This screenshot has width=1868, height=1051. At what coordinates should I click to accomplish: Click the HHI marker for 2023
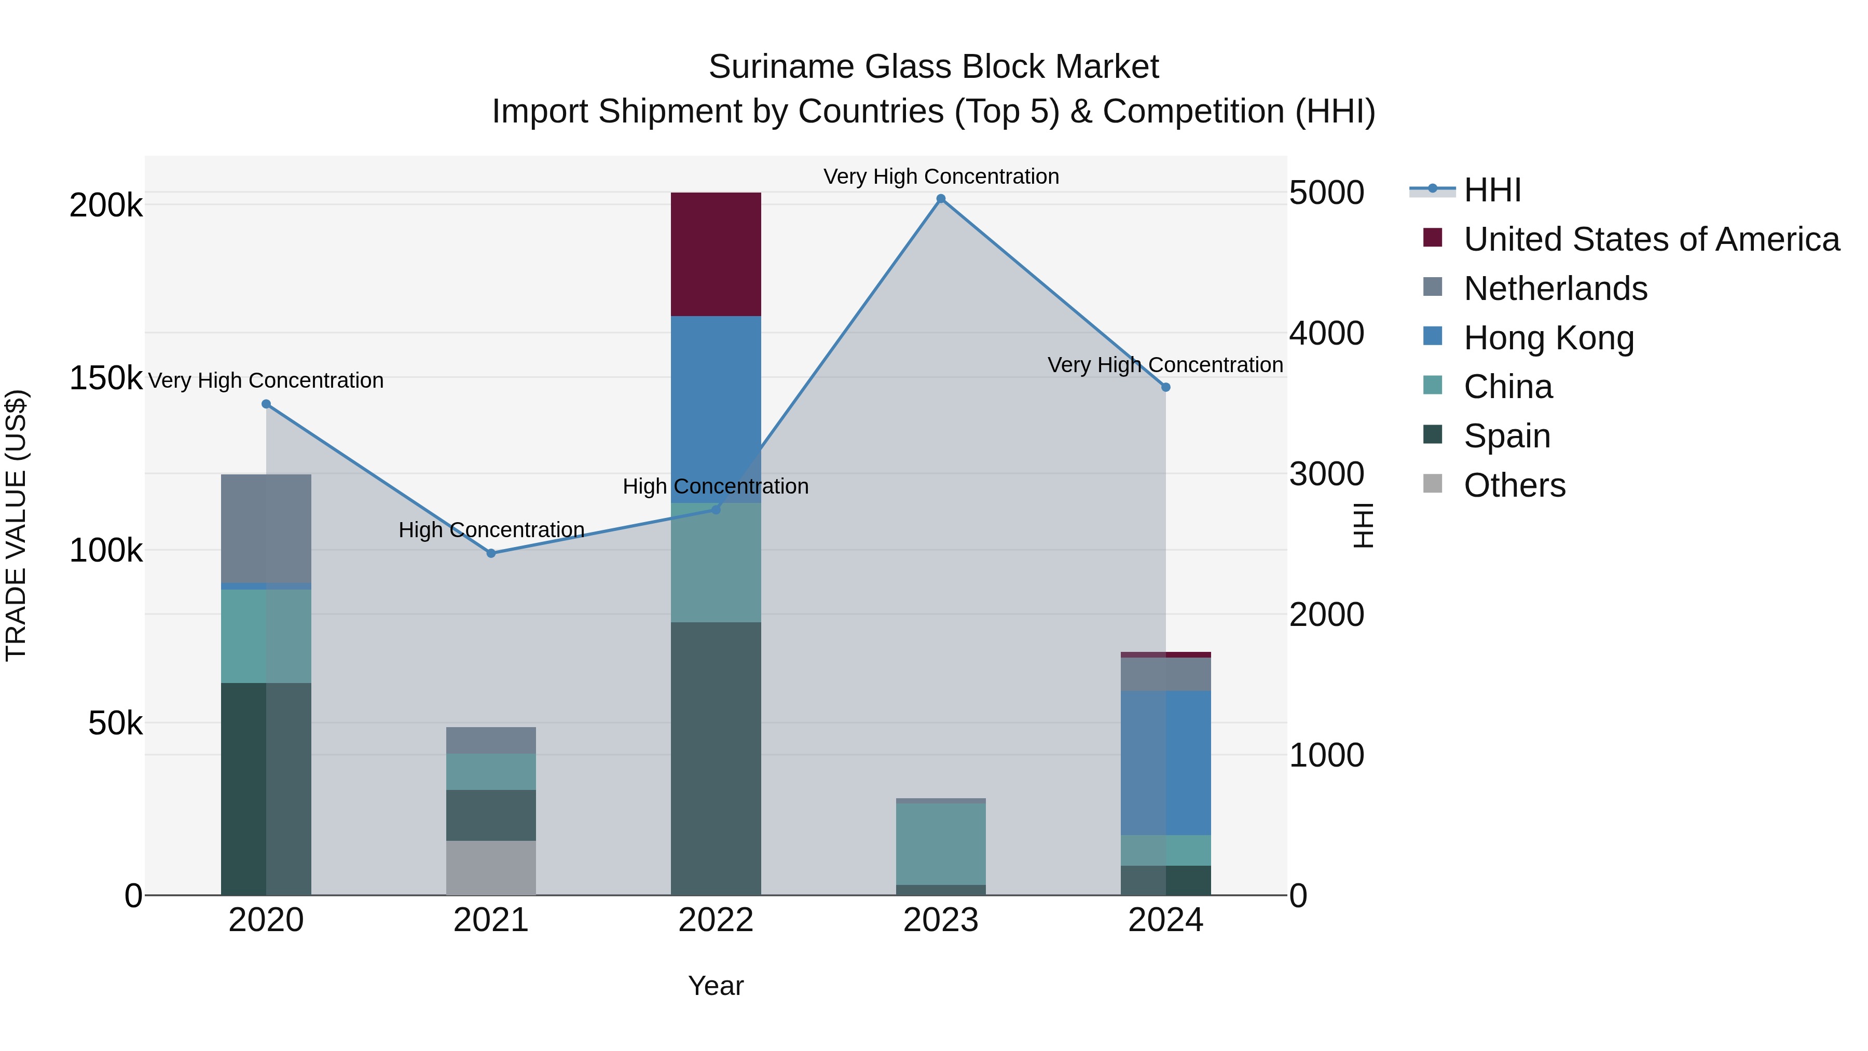(x=941, y=199)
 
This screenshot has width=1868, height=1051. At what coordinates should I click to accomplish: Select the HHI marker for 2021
(x=491, y=553)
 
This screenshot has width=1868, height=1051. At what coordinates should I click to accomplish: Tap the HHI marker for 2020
(x=266, y=404)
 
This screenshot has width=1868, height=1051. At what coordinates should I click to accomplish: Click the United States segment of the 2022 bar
(x=716, y=254)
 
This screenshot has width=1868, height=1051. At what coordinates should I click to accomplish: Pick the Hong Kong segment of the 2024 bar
(x=1165, y=762)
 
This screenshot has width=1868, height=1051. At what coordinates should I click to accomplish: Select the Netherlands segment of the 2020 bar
(x=266, y=528)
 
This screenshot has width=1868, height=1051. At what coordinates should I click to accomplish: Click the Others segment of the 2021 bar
(x=491, y=867)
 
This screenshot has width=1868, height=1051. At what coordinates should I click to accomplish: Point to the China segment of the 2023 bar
(x=941, y=843)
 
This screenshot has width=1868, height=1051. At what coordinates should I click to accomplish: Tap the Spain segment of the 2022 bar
(x=716, y=758)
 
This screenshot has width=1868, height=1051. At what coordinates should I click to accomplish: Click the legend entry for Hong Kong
(x=1548, y=338)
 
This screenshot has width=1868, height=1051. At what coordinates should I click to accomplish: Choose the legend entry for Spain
(x=1507, y=436)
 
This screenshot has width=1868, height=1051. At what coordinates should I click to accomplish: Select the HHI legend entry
(x=1492, y=190)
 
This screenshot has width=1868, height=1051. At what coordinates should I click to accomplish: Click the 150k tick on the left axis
(x=106, y=378)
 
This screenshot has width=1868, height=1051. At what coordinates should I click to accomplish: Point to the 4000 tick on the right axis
(x=1326, y=334)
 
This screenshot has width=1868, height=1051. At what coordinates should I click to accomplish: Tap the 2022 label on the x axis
(x=716, y=920)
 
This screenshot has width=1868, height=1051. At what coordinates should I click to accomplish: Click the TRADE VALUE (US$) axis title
(x=16, y=525)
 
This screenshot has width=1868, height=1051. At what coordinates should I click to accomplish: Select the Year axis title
(x=716, y=986)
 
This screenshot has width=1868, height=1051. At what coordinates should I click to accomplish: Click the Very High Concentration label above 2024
(x=1165, y=365)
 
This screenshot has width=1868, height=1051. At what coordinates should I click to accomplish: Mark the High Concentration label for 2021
(x=491, y=530)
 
